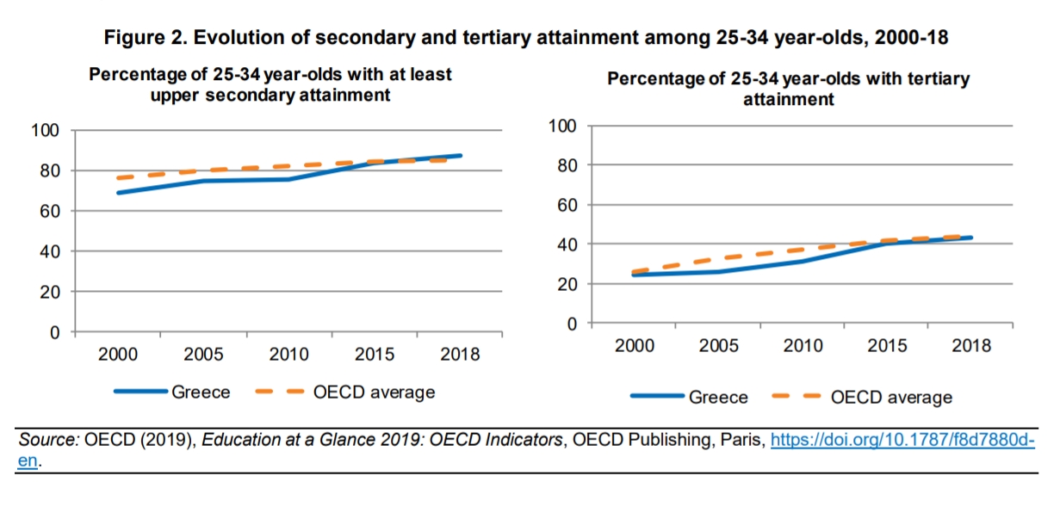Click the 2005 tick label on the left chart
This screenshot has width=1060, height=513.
(x=203, y=355)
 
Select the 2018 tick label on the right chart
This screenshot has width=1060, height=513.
(x=971, y=346)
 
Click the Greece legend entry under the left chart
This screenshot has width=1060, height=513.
(x=201, y=392)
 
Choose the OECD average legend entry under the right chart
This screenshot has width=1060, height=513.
(x=891, y=398)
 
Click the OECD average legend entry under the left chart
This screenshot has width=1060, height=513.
(x=374, y=392)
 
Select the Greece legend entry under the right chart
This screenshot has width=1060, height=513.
(x=718, y=398)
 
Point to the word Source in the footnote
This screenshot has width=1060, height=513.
(x=49, y=440)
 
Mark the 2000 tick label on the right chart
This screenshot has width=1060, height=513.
(x=634, y=346)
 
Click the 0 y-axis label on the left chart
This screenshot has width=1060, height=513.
(x=54, y=332)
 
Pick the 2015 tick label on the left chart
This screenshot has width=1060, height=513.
(x=375, y=355)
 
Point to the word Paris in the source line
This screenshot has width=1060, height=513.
(x=744, y=440)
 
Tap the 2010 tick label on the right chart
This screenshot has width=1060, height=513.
(x=803, y=346)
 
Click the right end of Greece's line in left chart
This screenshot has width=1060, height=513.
(x=460, y=156)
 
